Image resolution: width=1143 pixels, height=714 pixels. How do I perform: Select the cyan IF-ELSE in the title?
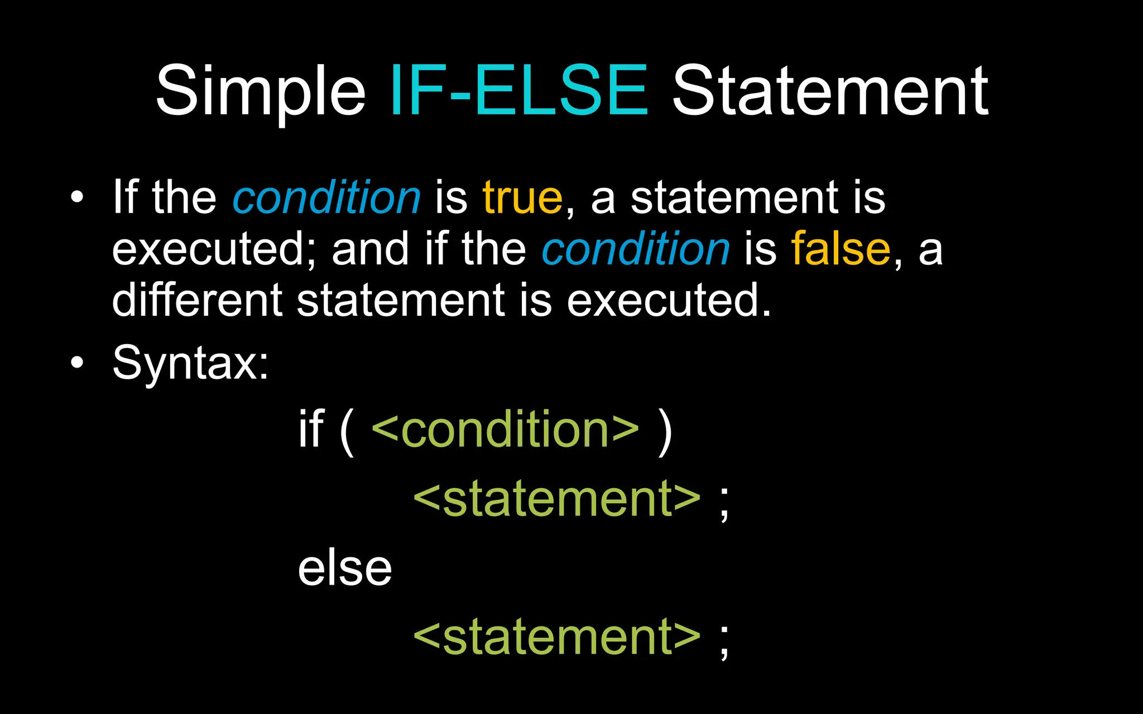(519, 90)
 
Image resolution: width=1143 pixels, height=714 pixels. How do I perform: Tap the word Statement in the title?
(830, 90)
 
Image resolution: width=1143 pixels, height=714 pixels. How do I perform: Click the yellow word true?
(522, 197)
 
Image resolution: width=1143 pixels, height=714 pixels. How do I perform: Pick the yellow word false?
(841, 249)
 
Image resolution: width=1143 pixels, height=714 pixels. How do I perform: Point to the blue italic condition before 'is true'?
(326, 197)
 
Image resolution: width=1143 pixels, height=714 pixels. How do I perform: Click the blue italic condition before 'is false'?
(636, 249)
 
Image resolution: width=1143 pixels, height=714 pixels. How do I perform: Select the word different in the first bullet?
(197, 300)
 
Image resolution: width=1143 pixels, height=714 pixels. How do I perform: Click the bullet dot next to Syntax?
(77, 363)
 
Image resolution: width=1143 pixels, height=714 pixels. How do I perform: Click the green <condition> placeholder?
(505, 429)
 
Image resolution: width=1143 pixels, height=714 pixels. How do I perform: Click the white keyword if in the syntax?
(311, 429)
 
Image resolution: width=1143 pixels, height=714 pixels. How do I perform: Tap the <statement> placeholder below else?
(556, 636)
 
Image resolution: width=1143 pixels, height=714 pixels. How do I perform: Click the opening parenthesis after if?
(347, 431)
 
